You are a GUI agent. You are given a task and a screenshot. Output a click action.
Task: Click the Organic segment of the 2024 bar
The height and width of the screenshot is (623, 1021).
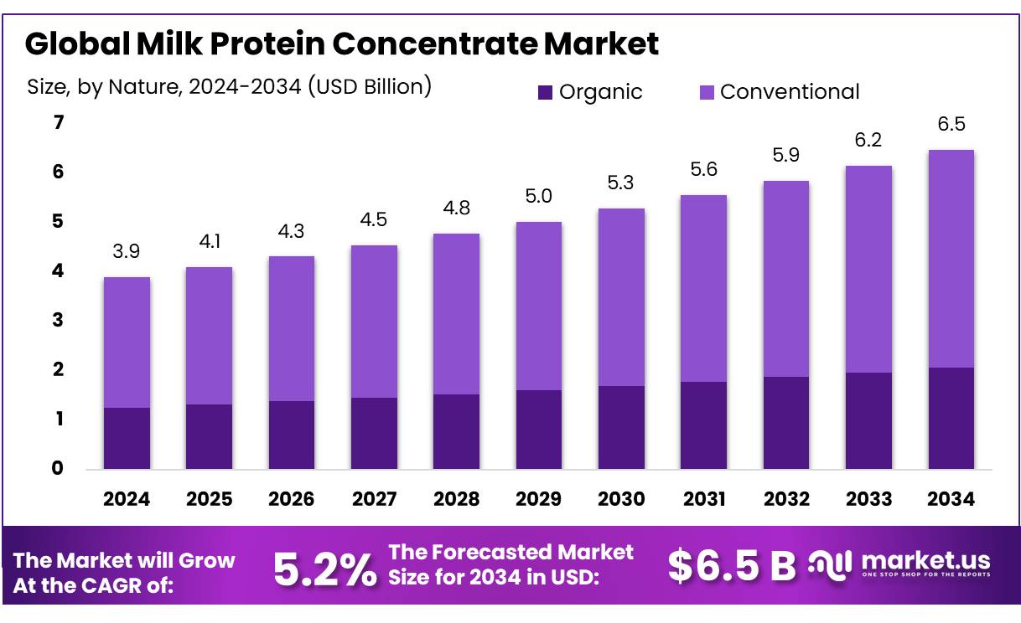click(x=127, y=438)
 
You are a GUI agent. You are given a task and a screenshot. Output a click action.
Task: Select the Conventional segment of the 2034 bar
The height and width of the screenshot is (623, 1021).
click(x=951, y=259)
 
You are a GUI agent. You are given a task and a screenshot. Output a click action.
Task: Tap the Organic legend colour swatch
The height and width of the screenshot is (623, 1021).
click(x=545, y=92)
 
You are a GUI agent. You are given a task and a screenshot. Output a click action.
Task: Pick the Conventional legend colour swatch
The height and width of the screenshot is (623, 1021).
click(x=706, y=92)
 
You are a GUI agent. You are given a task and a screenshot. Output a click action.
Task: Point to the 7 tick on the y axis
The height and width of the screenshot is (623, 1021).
click(x=58, y=123)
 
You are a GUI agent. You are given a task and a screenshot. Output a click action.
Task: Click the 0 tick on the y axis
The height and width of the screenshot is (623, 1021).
click(x=58, y=468)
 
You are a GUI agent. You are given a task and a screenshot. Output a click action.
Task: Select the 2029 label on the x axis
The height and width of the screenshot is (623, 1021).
click(x=538, y=499)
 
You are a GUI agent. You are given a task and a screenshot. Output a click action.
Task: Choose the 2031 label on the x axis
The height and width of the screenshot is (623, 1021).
click(x=703, y=499)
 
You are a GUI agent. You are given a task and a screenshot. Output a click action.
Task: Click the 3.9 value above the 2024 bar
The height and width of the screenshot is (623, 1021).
click(x=127, y=250)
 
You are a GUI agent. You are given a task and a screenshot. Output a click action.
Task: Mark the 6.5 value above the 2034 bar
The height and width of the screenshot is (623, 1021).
click(x=951, y=124)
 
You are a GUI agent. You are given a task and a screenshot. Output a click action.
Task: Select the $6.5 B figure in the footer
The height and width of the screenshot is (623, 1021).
click(x=732, y=567)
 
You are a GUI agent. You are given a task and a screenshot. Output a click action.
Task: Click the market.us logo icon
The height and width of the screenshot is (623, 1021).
click(x=830, y=564)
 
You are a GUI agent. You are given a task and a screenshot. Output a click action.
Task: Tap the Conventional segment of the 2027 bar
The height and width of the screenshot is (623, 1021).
click(x=374, y=322)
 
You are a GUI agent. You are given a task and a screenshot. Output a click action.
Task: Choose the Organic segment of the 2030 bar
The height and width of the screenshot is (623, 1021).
click(x=621, y=427)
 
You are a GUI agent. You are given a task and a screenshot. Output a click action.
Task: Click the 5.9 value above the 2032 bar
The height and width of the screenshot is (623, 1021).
click(x=785, y=155)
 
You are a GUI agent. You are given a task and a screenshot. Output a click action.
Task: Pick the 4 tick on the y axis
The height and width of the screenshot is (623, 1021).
click(x=58, y=271)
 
